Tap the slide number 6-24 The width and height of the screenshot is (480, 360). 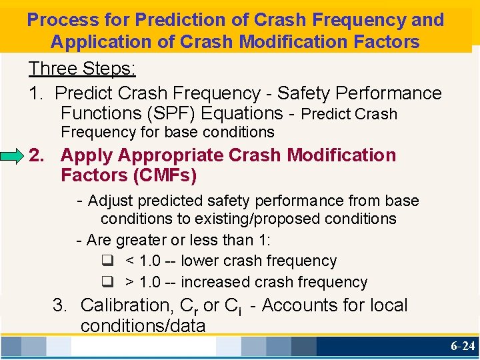pyautogui.click(x=462, y=346)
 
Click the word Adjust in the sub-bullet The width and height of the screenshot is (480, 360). pyautogui.click(x=111, y=201)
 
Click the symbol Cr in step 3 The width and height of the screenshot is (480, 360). pyautogui.click(x=189, y=306)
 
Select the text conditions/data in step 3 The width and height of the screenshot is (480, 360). pyautogui.click(x=143, y=325)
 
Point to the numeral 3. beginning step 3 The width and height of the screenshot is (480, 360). pyautogui.click(x=61, y=305)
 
